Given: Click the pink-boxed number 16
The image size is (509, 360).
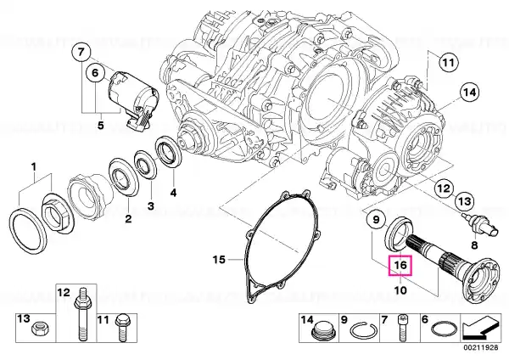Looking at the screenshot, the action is click(400, 266).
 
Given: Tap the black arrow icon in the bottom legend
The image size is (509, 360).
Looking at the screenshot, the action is click(480, 328).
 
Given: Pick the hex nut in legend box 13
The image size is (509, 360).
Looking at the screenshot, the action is click(37, 329).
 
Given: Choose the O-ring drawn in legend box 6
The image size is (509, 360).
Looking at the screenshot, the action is click(444, 329).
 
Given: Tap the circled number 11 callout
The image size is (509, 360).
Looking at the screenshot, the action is click(448, 62).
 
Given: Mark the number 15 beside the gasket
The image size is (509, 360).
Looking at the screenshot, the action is click(219, 260).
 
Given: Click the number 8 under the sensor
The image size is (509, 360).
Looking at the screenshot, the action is click(474, 245).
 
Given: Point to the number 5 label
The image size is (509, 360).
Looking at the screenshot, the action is click(101, 125).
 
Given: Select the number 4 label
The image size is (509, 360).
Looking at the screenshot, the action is click(173, 193).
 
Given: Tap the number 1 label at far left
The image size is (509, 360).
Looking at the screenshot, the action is click(34, 167).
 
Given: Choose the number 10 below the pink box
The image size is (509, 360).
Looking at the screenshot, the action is click(400, 290).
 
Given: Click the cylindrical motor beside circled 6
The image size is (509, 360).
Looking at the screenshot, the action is click(132, 94).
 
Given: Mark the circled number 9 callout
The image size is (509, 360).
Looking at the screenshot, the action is click(376, 220).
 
